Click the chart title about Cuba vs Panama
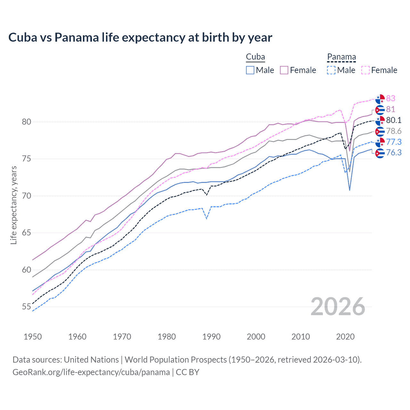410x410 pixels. point(140,37)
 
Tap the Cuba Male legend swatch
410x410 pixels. point(250,70)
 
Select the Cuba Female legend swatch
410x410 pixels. point(284,70)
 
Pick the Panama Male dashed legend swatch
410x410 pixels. point(331,70)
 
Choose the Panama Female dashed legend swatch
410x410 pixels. point(365,70)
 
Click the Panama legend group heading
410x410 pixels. point(341,57)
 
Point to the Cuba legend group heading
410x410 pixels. point(255,57)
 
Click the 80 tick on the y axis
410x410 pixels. point(27,122)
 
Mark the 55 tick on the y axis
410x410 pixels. point(27,307)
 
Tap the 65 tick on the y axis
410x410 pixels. point(27,233)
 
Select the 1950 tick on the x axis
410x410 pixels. point(33,337)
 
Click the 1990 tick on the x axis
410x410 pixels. point(211,337)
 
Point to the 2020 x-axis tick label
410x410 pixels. point(345,337)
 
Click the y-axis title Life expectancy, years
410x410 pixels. point(13,205)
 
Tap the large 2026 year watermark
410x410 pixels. point(338,307)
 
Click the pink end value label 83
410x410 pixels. point(390,98)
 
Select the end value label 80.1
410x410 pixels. point(394,120)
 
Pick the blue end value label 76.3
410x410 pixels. point(394,152)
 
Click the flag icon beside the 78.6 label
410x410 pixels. point(380,131)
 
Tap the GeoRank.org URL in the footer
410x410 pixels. point(91,372)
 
